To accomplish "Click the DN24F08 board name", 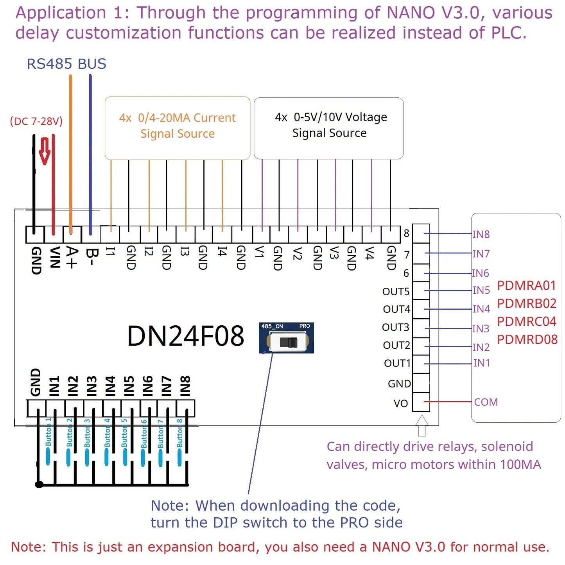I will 186,336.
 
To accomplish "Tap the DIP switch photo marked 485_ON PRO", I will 286,338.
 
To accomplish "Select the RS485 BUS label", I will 66,64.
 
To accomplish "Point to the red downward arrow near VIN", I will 45,151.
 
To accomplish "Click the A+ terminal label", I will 72,257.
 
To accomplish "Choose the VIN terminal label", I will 54,257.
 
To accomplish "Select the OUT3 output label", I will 396,327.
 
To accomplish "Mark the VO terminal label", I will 401,404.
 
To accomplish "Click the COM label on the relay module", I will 486,402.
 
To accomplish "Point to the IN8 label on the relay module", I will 481,234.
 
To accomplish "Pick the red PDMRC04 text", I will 527,321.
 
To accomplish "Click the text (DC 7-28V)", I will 36,121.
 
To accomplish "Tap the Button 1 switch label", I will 48,432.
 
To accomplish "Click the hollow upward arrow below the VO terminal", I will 422,425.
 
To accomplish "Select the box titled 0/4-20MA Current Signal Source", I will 178,128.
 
